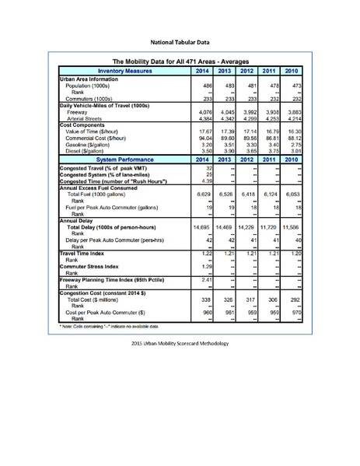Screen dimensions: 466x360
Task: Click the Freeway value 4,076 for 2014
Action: click(203, 111)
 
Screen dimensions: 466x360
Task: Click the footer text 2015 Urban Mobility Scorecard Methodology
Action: click(180, 343)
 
